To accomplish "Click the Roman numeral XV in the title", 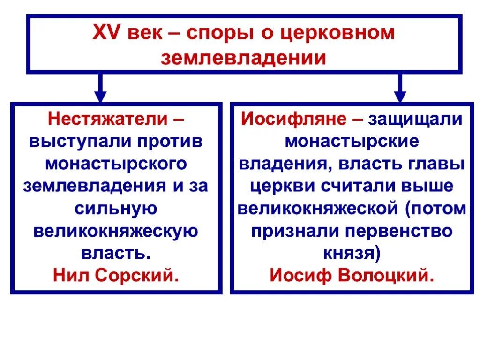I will tap(107, 34).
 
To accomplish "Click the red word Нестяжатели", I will tap(107, 119).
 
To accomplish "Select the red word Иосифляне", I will tap(294, 119).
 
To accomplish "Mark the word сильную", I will tap(116, 208).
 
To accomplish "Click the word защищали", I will tap(415, 119).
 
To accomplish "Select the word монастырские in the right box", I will tap(352, 141).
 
